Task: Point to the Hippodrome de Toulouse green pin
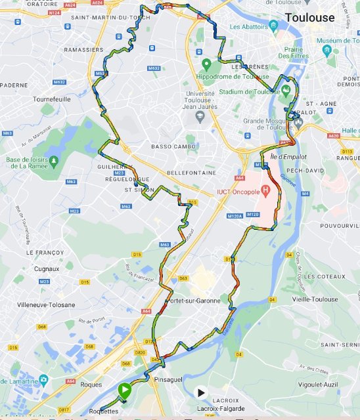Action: coord(207,64)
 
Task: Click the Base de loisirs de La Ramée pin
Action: coord(53,159)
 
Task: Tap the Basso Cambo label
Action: coord(170,146)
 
